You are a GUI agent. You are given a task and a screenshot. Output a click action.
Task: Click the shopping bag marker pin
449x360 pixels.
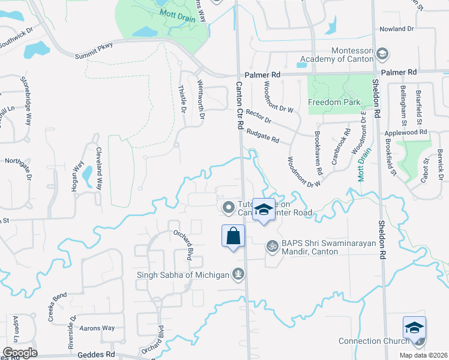[x=234, y=236]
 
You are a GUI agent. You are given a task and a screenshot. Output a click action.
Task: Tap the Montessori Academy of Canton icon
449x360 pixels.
[x=381, y=54]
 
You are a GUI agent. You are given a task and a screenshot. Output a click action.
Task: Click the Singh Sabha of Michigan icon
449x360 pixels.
[x=238, y=274]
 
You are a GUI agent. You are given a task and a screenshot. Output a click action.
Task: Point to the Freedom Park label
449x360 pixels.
[x=334, y=102]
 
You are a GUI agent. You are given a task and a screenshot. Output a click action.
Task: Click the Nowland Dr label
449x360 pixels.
[x=397, y=29]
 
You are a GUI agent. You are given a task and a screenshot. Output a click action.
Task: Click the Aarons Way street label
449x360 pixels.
[x=98, y=328]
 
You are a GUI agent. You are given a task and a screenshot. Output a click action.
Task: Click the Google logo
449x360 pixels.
[x=20, y=353]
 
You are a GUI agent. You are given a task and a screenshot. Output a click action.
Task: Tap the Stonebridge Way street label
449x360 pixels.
[x=26, y=101]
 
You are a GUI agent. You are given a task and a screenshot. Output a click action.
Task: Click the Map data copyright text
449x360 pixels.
[x=423, y=355]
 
